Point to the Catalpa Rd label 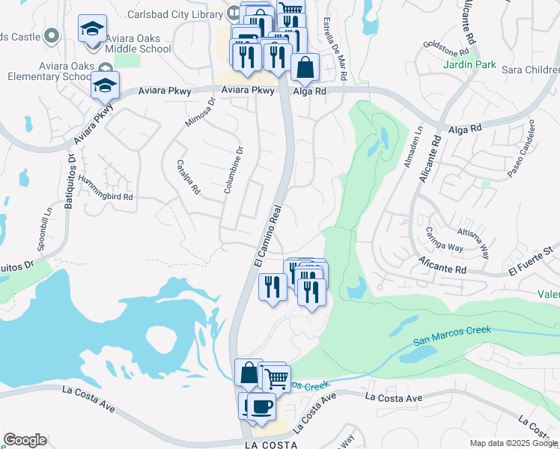[x=187, y=177]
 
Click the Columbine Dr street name [x=233, y=171]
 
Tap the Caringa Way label [x=444, y=238]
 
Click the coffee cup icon [x=261, y=406]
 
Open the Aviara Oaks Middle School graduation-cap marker [x=93, y=30]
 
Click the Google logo [x=25, y=440]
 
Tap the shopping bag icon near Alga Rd [x=305, y=68]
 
